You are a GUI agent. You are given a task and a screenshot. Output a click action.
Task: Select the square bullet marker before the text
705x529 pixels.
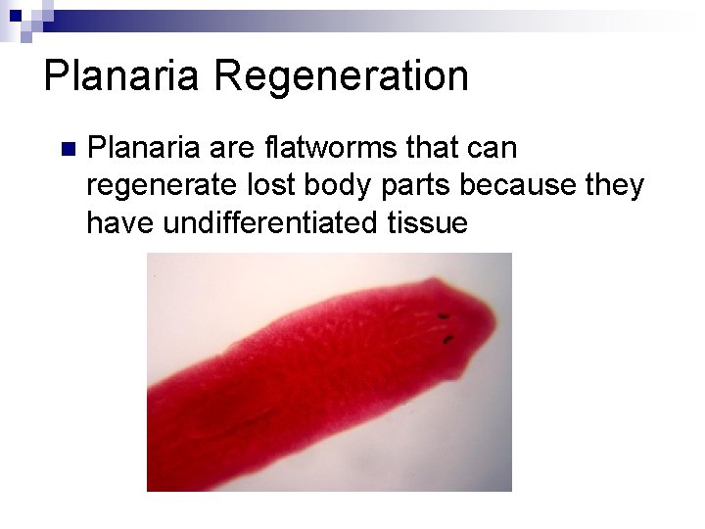[x=67, y=150]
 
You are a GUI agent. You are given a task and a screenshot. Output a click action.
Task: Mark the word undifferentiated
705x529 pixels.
[x=261, y=223]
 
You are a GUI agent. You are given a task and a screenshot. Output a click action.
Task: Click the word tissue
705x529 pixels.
[x=422, y=223]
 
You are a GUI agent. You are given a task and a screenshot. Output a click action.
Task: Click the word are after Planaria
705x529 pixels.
[x=231, y=150]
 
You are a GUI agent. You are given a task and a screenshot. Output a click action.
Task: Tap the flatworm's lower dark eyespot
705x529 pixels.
[x=448, y=340]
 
